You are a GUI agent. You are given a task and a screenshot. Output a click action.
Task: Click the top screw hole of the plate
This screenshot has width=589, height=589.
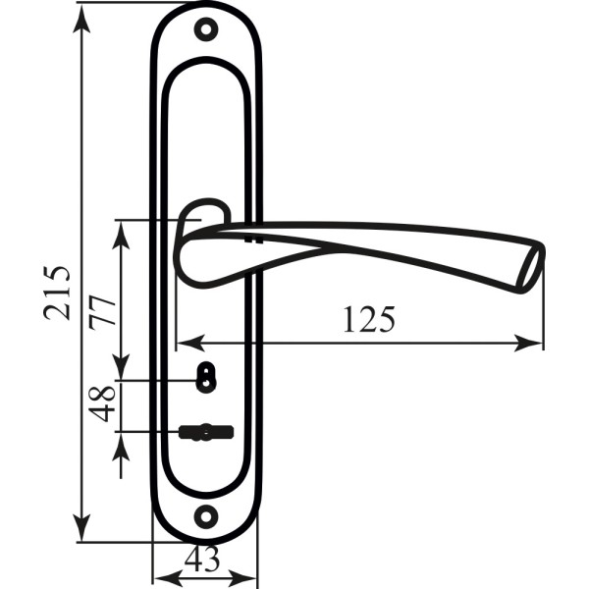(206, 29)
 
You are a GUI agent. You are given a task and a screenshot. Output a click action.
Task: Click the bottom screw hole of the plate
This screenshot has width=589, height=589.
(206, 516)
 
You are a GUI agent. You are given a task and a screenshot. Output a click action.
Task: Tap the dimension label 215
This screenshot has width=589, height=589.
(57, 294)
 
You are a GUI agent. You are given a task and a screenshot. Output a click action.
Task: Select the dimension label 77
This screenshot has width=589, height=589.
(102, 312)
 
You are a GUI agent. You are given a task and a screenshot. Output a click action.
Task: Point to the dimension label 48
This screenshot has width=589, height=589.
(102, 403)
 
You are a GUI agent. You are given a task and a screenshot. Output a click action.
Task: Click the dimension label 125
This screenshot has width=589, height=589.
(369, 319)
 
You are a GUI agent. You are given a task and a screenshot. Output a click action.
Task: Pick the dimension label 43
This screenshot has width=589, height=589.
(202, 559)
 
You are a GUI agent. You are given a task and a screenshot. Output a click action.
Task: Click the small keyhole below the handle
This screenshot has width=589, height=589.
(206, 377)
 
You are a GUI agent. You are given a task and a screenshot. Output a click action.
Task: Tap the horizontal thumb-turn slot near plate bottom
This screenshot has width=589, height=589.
(206, 432)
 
